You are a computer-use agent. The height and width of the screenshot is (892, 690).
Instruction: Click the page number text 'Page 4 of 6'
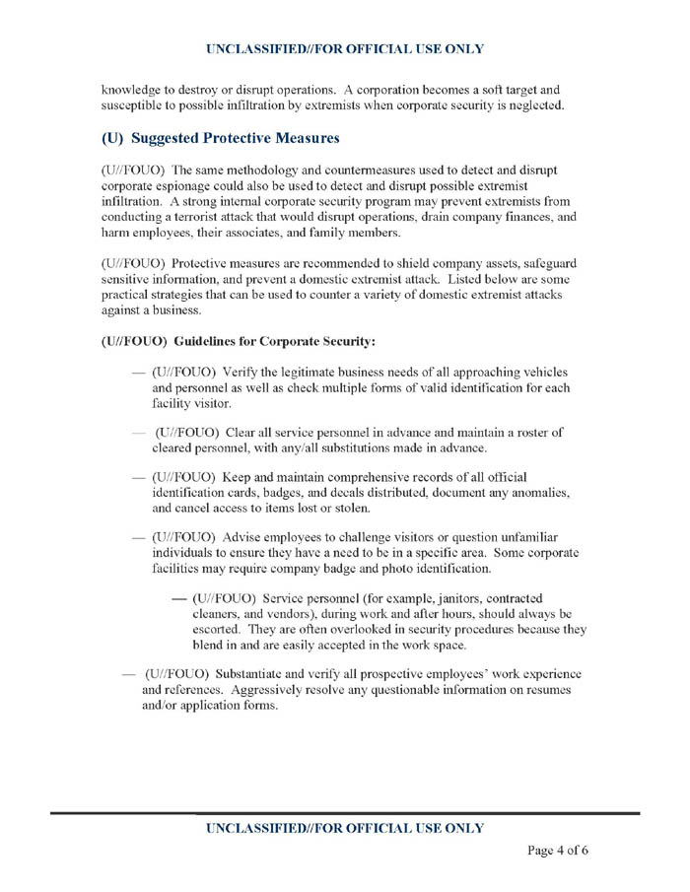click(558, 851)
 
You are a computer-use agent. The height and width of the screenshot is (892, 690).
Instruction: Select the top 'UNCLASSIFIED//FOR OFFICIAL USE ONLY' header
click(345, 48)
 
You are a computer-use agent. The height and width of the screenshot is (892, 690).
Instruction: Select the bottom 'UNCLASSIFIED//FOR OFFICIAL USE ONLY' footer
click(345, 828)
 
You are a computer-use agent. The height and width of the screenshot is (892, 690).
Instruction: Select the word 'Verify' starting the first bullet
click(243, 372)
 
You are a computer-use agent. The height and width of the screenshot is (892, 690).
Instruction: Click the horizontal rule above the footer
click(345, 812)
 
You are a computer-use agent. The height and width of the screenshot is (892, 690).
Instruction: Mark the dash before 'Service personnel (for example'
click(179, 598)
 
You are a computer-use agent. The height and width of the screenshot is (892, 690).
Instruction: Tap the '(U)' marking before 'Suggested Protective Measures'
click(116, 138)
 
